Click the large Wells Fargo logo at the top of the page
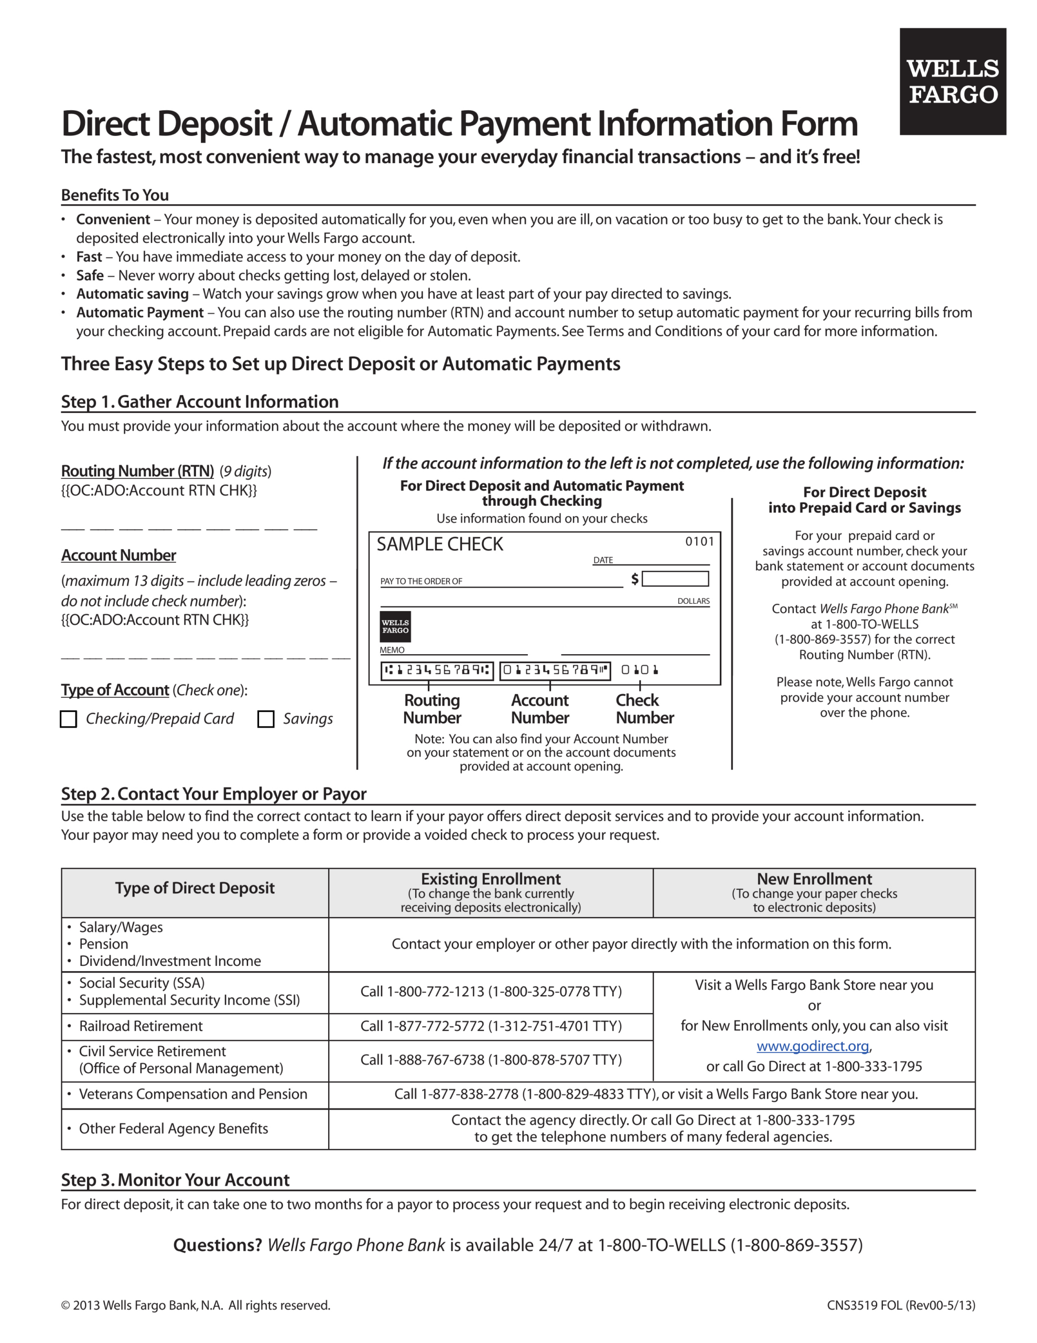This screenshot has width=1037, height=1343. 952,81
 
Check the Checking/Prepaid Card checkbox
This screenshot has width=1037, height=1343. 68,719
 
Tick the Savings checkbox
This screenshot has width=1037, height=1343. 266,719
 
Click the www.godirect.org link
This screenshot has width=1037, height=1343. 813,1046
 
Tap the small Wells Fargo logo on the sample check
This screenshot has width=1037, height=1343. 395,626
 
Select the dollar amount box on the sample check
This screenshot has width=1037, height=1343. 675,579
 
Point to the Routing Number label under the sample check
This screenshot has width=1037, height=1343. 432,709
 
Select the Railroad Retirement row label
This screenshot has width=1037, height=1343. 141,1026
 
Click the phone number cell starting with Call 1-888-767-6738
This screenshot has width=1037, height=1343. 491,1060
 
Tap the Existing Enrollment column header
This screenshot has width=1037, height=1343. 491,879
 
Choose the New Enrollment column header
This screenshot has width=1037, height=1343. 814,879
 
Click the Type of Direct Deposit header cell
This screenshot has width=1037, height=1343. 195,888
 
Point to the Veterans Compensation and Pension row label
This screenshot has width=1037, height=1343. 193,1094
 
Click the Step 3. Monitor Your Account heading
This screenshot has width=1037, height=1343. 175,1179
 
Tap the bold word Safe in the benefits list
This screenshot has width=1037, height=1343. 90,275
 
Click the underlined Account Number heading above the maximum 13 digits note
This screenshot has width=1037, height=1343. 118,555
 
